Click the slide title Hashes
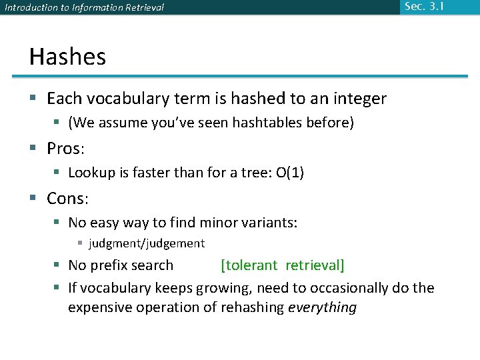(x=67, y=57)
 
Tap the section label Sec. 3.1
(x=423, y=7)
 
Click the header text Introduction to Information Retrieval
(x=84, y=8)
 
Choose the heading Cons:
(x=68, y=199)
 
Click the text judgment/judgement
(x=147, y=243)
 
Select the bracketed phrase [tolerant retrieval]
(x=283, y=265)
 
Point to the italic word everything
(x=322, y=307)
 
